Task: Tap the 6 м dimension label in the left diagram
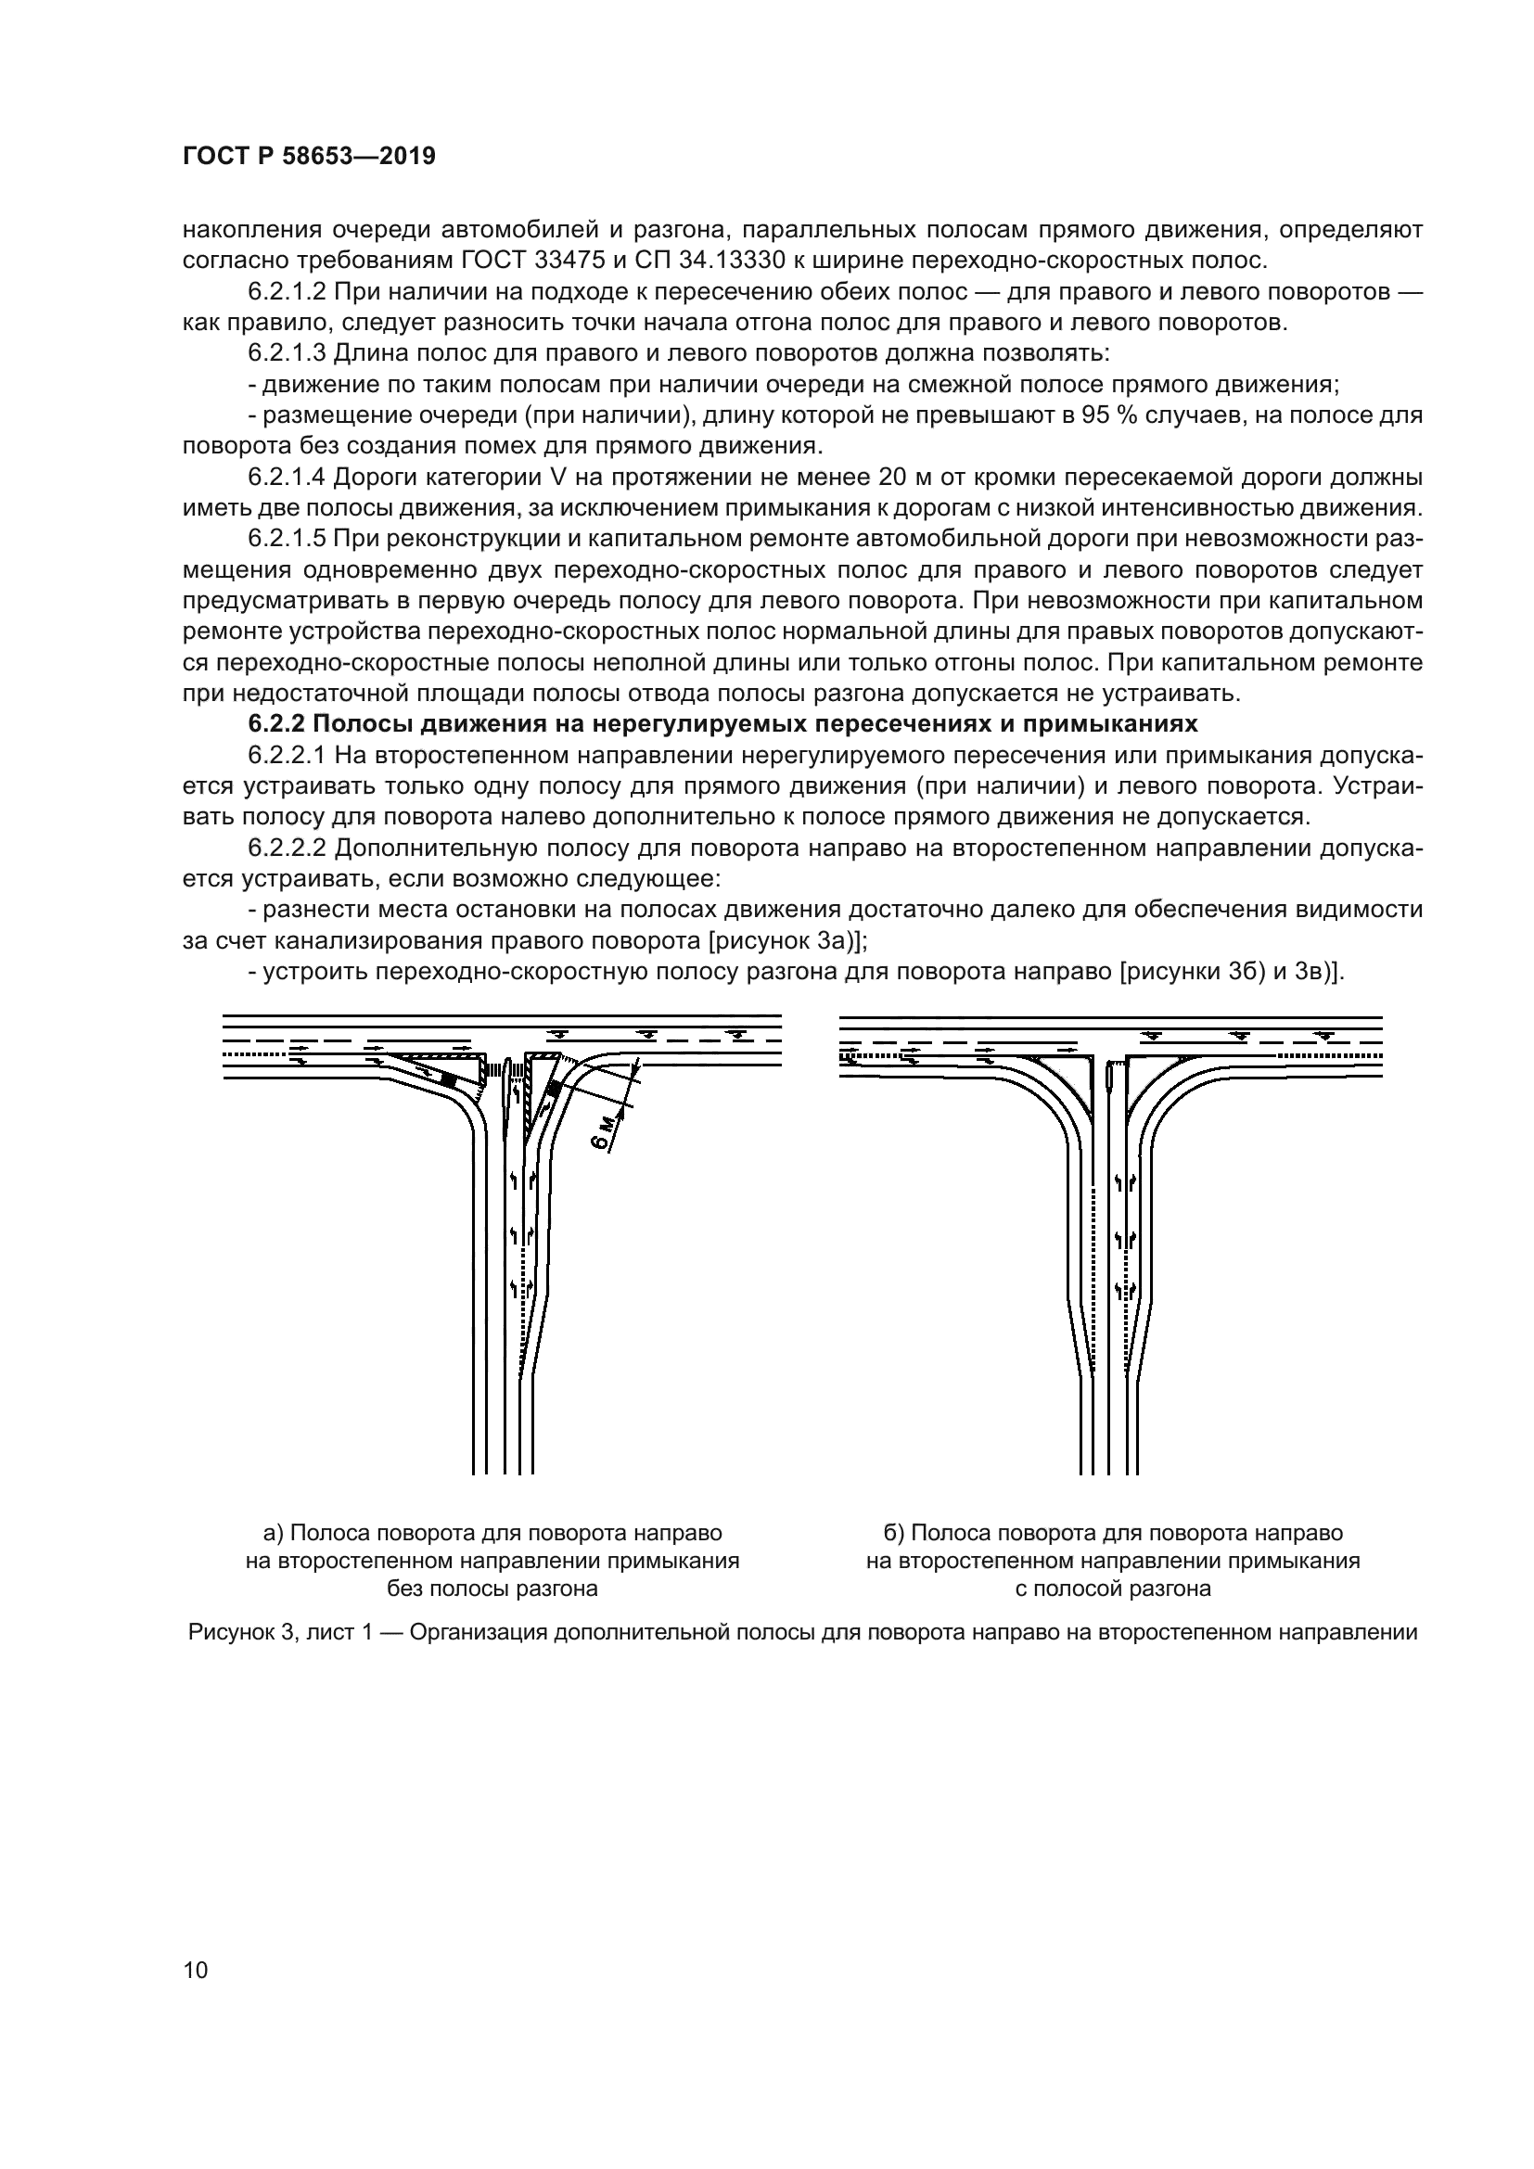pyautogui.click(x=604, y=1129)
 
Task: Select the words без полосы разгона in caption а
pyautogui.click(x=492, y=1588)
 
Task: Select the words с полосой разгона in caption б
pyautogui.click(x=1113, y=1588)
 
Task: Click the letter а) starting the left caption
pyautogui.click(x=273, y=1532)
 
